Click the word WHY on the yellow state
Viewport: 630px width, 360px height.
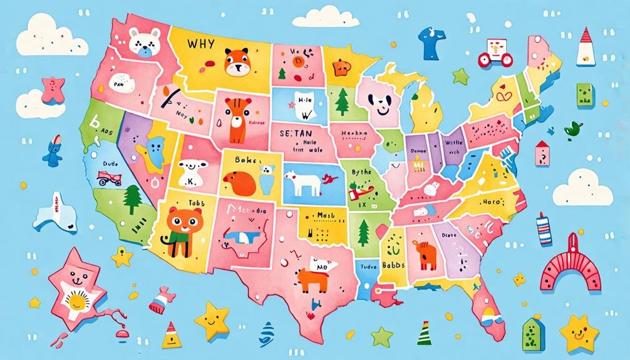[x=200, y=44]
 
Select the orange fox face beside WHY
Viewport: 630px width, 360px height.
[x=237, y=62]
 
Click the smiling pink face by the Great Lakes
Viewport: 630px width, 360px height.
[x=380, y=100]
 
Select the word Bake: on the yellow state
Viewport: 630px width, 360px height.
[x=246, y=160]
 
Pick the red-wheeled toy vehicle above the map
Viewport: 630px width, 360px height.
[x=495, y=53]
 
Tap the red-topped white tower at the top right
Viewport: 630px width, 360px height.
[x=585, y=46]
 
